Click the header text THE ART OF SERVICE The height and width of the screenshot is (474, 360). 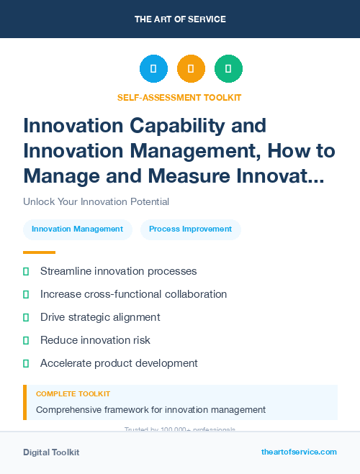180,19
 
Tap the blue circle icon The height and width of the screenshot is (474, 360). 153,69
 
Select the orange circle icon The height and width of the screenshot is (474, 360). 191,69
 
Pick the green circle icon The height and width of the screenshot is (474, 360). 228,69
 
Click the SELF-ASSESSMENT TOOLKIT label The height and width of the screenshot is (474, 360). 179,97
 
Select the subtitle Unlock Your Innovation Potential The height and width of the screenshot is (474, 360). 96,202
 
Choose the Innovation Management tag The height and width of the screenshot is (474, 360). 78,229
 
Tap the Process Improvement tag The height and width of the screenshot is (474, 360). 190,229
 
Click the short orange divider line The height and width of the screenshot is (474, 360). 39,252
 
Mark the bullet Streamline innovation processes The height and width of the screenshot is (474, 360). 118,271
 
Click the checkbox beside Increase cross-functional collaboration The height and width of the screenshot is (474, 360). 26,294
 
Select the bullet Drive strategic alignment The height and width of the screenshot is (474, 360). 100,317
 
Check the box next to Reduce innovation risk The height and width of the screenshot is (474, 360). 26,340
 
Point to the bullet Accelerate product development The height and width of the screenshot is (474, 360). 119,363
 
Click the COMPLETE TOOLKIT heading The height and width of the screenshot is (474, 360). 73,394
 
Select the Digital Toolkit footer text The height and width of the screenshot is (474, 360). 51,452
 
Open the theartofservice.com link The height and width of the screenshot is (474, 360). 299,452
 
